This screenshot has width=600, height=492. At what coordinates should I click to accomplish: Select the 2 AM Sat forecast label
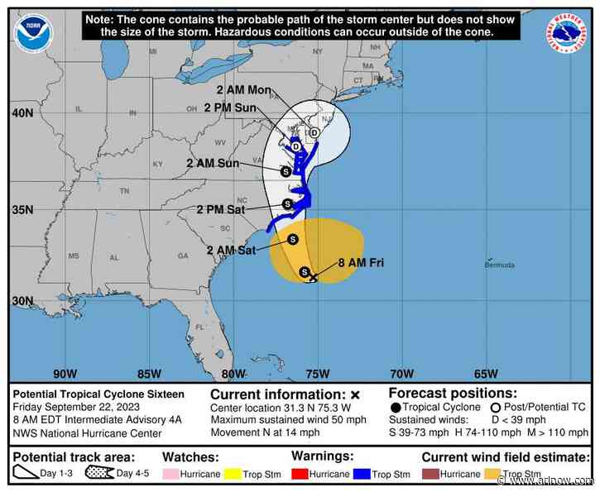click(x=231, y=250)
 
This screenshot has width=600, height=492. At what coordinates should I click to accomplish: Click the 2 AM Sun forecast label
click(x=213, y=163)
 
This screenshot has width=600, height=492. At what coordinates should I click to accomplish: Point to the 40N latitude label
click(x=23, y=112)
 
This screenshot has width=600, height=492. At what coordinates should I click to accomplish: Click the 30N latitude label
click(x=23, y=301)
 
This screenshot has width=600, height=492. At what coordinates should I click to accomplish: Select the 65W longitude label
click(x=486, y=373)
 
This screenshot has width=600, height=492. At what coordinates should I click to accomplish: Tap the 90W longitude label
click(x=65, y=373)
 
